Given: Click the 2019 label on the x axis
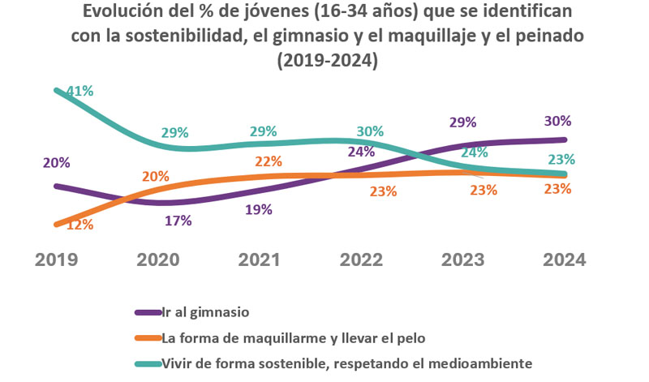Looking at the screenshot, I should tap(57, 260).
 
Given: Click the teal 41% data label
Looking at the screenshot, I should tap(80, 92).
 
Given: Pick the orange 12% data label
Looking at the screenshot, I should tap(79, 225).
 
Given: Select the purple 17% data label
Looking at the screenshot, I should tap(177, 221).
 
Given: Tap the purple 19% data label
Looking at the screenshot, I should tap(258, 209).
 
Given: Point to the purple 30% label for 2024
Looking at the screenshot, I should tap(558, 121).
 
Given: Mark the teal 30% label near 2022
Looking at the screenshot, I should tap(370, 131).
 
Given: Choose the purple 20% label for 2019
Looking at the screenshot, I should tap(57, 162).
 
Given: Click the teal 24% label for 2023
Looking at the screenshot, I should tap(474, 152).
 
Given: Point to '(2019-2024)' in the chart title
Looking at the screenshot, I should tap(327, 61).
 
